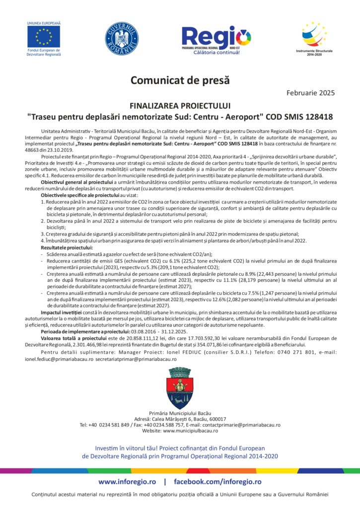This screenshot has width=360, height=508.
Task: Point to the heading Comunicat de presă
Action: coord(180,79)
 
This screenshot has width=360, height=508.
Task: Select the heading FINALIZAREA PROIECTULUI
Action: coord(180,106)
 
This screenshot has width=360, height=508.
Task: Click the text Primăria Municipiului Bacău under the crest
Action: coord(180,413)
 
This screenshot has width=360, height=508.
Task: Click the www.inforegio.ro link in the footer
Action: coord(127,482)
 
